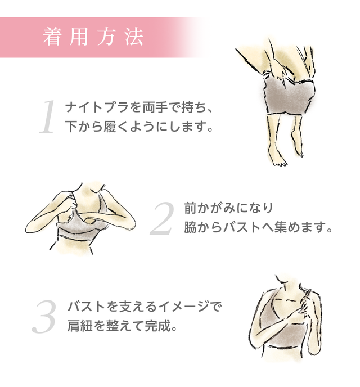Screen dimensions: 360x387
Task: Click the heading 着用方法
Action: click(x=93, y=37)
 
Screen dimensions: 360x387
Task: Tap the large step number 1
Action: click(x=48, y=117)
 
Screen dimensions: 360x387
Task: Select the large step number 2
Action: click(x=163, y=218)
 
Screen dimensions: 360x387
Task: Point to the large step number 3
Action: click(x=44, y=316)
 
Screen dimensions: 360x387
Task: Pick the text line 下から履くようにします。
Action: click(x=139, y=127)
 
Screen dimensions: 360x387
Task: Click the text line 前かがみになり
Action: click(x=229, y=208)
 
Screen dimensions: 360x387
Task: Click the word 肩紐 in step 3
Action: click(x=80, y=326)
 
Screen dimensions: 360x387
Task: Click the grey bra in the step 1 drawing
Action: click(x=289, y=96)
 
